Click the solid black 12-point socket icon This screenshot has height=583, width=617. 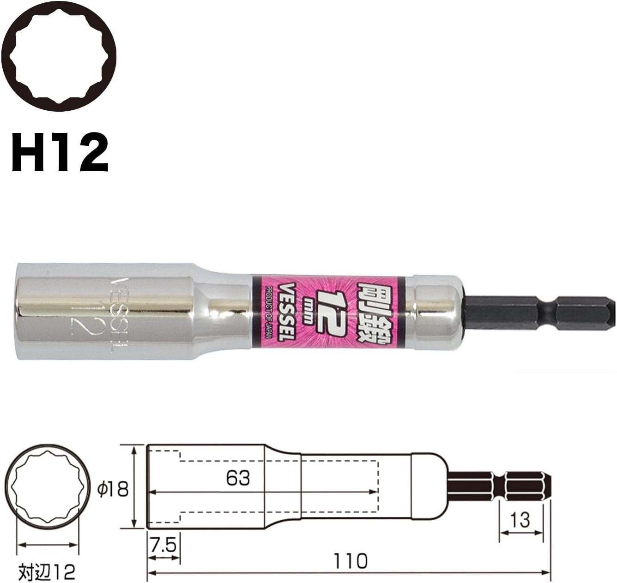[x=59, y=57]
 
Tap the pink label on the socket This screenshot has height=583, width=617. [x=328, y=312]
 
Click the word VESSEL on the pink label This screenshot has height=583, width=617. [x=287, y=312]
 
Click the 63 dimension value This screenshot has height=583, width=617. [x=238, y=479]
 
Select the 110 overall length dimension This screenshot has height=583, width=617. [x=350, y=561]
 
